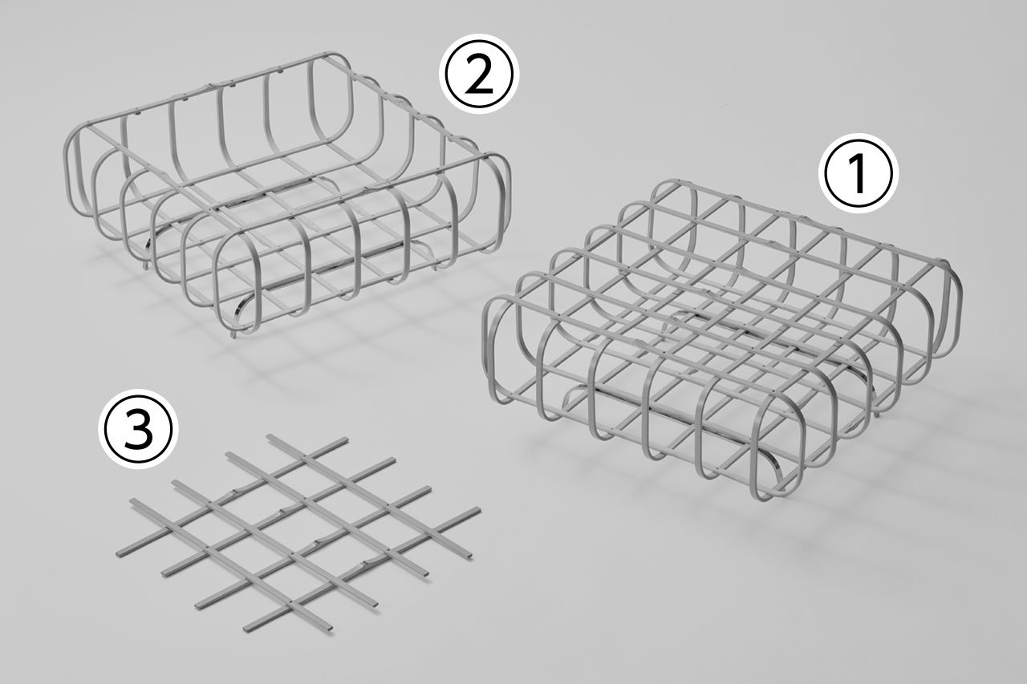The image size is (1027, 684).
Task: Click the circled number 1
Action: tap(859, 174)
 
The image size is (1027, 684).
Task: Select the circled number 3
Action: tap(139, 429)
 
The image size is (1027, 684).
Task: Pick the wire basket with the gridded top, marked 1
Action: tap(722, 339)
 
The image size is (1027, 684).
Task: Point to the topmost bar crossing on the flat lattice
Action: tap(304, 456)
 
